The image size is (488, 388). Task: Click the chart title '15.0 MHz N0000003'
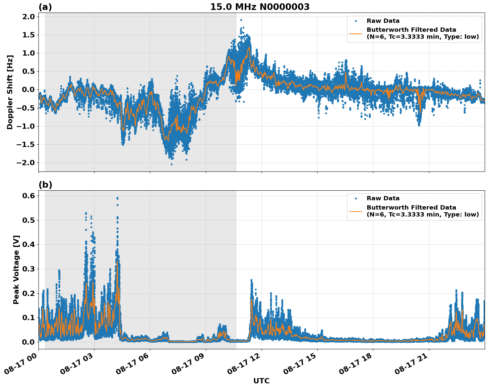click(260, 7)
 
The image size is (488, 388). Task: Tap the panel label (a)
click(45, 7)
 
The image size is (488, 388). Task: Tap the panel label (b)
click(45, 185)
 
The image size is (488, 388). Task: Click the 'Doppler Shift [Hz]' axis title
click(10, 92)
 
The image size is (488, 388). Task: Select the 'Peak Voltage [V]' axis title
click(16, 269)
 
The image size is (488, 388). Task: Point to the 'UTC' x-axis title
click(261, 381)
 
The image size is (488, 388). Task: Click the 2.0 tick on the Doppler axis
click(29, 17)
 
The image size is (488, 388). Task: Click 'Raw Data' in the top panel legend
click(383, 21)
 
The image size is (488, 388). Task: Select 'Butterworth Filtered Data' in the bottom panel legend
click(411, 208)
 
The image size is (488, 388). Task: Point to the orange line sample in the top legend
click(355, 33)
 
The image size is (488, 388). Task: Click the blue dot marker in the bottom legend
click(355, 198)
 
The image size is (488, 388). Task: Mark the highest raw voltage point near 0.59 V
click(117, 198)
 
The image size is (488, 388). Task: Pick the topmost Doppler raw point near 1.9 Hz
click(241, 20)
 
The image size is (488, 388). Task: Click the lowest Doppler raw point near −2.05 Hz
click(171, 164)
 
